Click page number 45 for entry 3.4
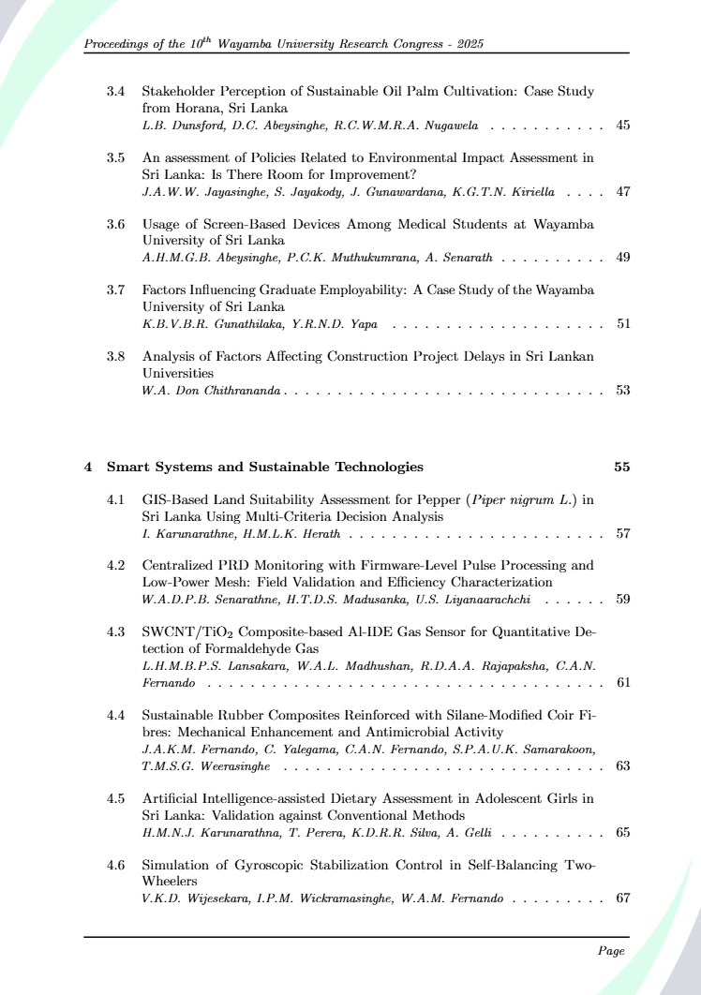pyautogui.click(x=622, y=125)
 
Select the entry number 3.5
pyautogui.click(x=116, y=157)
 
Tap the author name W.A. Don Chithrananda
pyautogui.click(x=211, y=390)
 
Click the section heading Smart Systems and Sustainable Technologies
pyautogui.click(x=264, y=467)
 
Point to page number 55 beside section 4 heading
pyautogui.click(x=621, y=467)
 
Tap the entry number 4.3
pyautogui.click(x=116, y=631)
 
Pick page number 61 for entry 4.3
pyautogui.click(x=622, y=682)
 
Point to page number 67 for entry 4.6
pyautogui.click(x=622, y=898)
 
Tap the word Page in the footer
pyautogui.click(x=611, y=951)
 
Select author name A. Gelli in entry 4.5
pyautogui.click(x=483, y=832)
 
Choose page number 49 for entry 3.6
pyautogui.click(x=622, y=257)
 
